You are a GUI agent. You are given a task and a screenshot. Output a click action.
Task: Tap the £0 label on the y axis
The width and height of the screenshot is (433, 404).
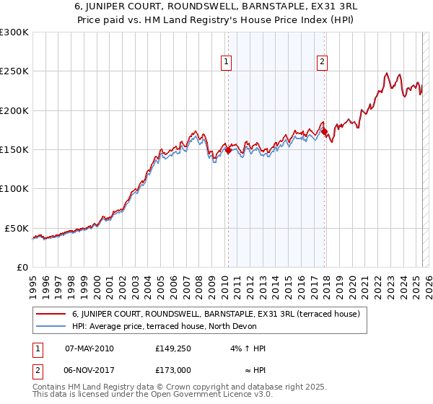(x=22, y=267)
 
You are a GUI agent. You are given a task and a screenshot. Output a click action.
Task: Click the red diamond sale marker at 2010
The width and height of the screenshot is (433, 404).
(x=228, y=151)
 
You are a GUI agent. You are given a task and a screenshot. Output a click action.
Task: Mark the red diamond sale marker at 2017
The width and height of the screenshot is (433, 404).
(x=325, y=132)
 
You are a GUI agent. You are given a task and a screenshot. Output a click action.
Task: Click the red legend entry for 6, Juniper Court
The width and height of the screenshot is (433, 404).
(x=210, y=314)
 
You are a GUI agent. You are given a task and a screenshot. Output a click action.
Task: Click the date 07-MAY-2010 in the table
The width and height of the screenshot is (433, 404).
(x=89, y=348)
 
